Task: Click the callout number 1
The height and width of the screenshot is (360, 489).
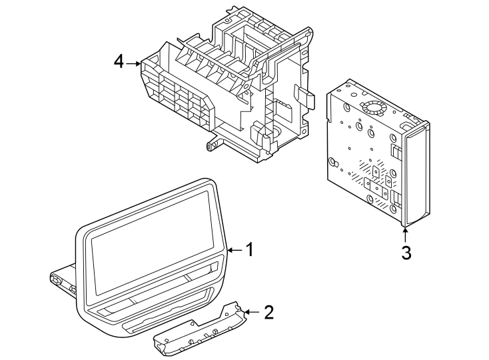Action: click(x=249, y=250)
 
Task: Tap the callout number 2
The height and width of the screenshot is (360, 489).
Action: click(x=268, y=312)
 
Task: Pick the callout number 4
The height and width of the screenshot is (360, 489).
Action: click(x=119, y=63)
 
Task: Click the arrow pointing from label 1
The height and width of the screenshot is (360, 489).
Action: click(x=234, y=250)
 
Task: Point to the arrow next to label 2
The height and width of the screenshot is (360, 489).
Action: click(x=250, y=311)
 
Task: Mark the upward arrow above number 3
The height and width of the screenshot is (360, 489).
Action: click(x=405, y=234)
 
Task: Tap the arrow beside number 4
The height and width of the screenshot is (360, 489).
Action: click(x=135, y=63)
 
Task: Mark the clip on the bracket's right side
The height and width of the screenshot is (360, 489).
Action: click(x=304, y=97)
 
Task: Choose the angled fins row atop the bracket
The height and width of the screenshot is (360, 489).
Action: click(x=213, y=63)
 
